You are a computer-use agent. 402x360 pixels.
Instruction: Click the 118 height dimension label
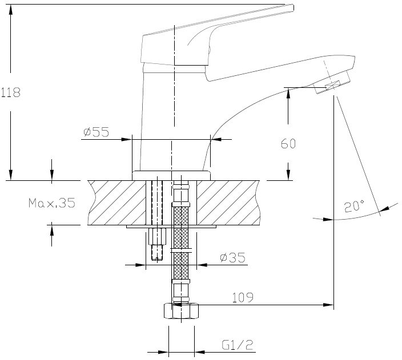(x=11, y=92)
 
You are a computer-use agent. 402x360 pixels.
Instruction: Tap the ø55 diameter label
(x=97, y=132)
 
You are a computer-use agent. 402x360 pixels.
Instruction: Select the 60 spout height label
(x=288, y=144)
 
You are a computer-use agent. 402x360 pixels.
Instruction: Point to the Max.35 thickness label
(x=52, y=203)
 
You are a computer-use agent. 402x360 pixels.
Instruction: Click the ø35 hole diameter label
(x=233, y=257)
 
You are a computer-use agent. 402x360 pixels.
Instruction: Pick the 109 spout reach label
(x=243, y=297)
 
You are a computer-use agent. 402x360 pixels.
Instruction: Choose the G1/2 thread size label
(x=238, y=345)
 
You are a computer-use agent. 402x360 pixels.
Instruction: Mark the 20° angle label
(x=354, y=207)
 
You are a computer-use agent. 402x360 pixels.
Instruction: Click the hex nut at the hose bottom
(x=181, y=311)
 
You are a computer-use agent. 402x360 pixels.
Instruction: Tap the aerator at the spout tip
(x=332, y=83)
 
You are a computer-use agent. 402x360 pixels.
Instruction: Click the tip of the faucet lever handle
(x=292, y=7)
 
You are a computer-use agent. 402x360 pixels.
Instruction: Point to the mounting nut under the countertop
(x=157, y=236)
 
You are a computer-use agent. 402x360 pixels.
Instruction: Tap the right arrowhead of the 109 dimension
(x=328, y=305)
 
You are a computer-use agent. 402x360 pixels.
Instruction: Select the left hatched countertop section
(x=117, y=203)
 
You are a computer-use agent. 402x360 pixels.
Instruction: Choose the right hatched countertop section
(x=228, y=203)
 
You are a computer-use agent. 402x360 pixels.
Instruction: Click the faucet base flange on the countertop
(x=171, y=176)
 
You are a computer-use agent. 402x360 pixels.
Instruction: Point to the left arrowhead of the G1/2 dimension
(x=163, y=352)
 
